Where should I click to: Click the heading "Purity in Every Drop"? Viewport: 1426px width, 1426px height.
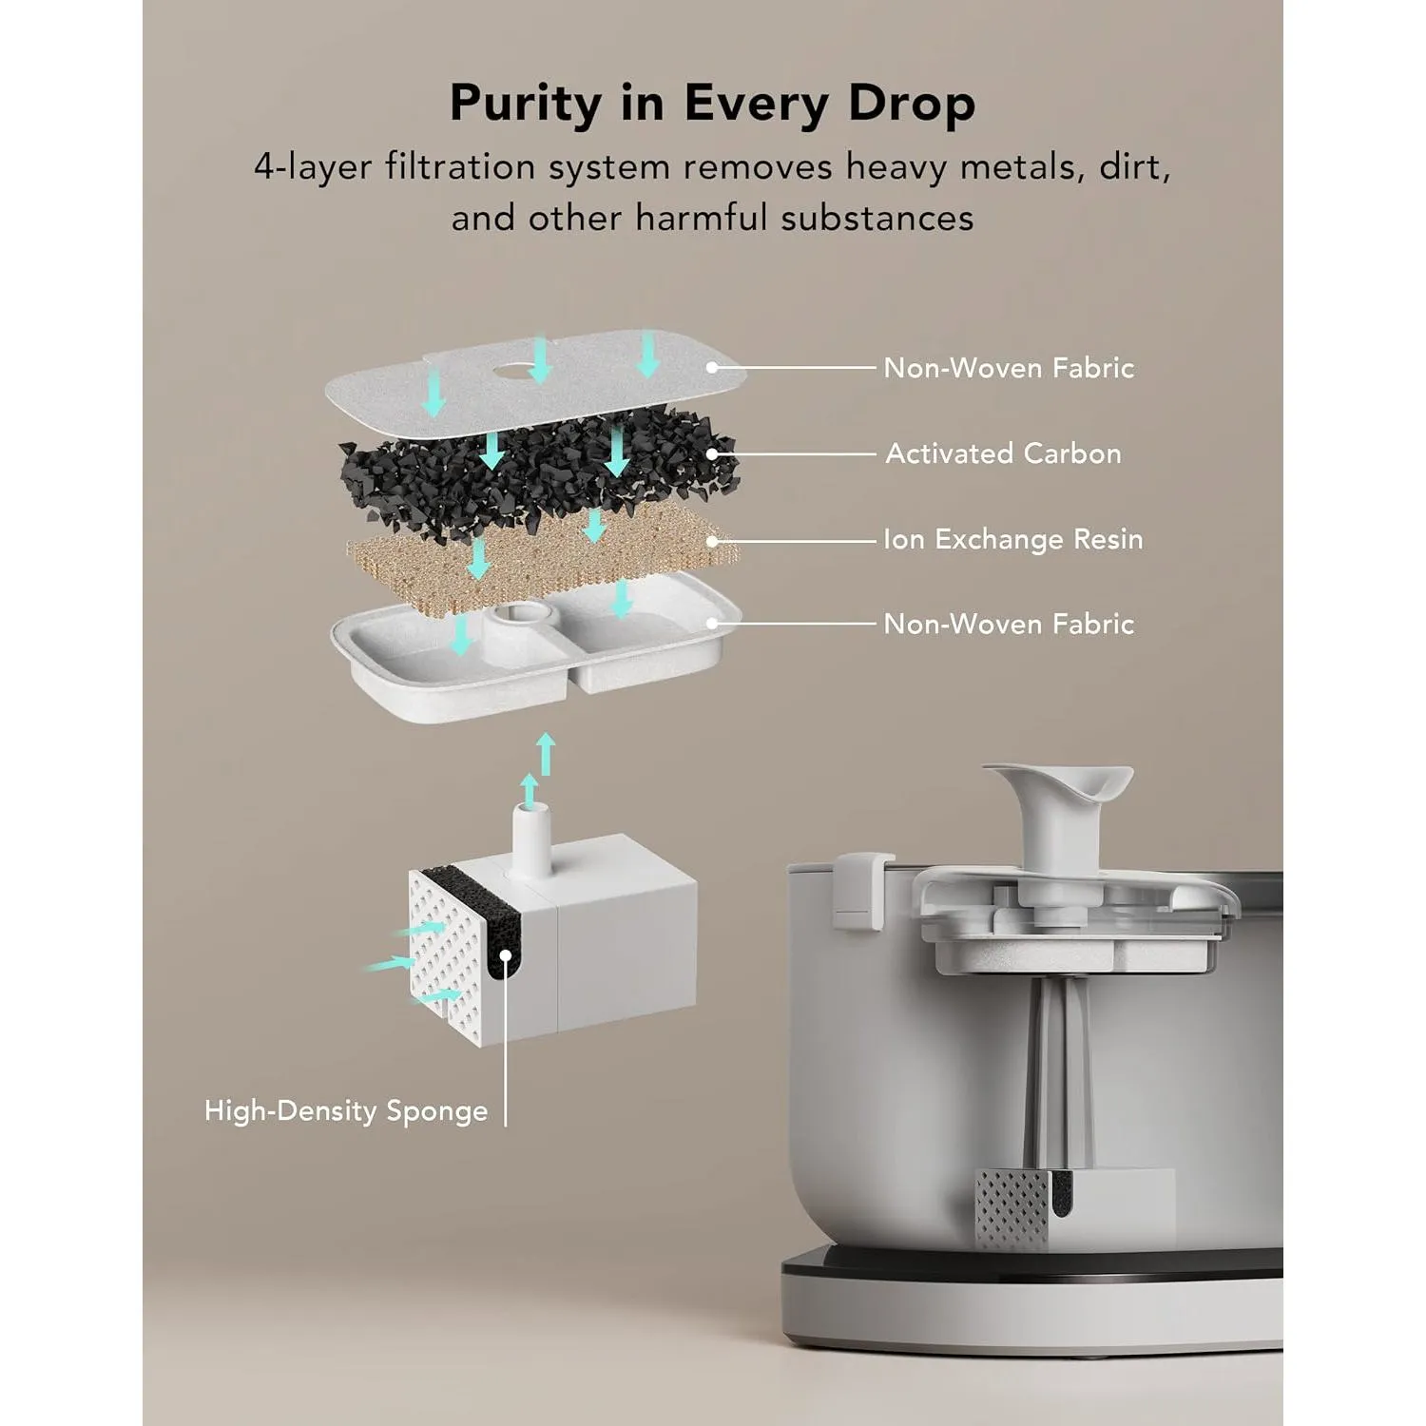712,103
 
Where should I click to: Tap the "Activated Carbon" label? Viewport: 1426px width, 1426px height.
1003,453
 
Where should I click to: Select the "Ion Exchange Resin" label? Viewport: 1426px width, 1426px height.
1012,539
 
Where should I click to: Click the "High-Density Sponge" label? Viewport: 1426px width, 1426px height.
346,1110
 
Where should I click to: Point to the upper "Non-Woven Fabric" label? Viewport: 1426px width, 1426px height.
1009,368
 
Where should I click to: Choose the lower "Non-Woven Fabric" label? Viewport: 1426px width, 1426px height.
1009,624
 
